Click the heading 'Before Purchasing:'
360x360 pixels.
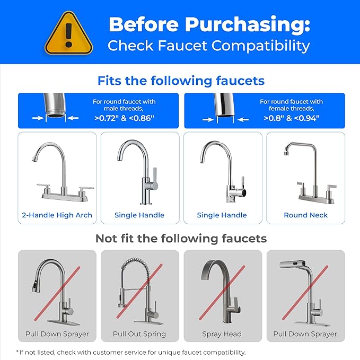tap(209, 24)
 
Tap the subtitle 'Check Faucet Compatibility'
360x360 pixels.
tap(209, 46)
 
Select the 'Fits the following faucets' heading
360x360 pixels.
tap(180, 81)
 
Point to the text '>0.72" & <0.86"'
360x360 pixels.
tap(124, 118)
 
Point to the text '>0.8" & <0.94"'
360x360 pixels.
tap(291, 118)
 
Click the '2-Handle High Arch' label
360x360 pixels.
tap(57, 215)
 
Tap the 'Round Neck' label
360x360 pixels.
tap(305, 215)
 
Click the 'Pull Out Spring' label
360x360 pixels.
tap(139, 334)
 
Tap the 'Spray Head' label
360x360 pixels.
tap(222, 334)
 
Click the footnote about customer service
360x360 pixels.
tap(131, 352)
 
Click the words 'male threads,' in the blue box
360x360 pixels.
tap(124, 109)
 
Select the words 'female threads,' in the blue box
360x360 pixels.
tap(291, 109)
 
